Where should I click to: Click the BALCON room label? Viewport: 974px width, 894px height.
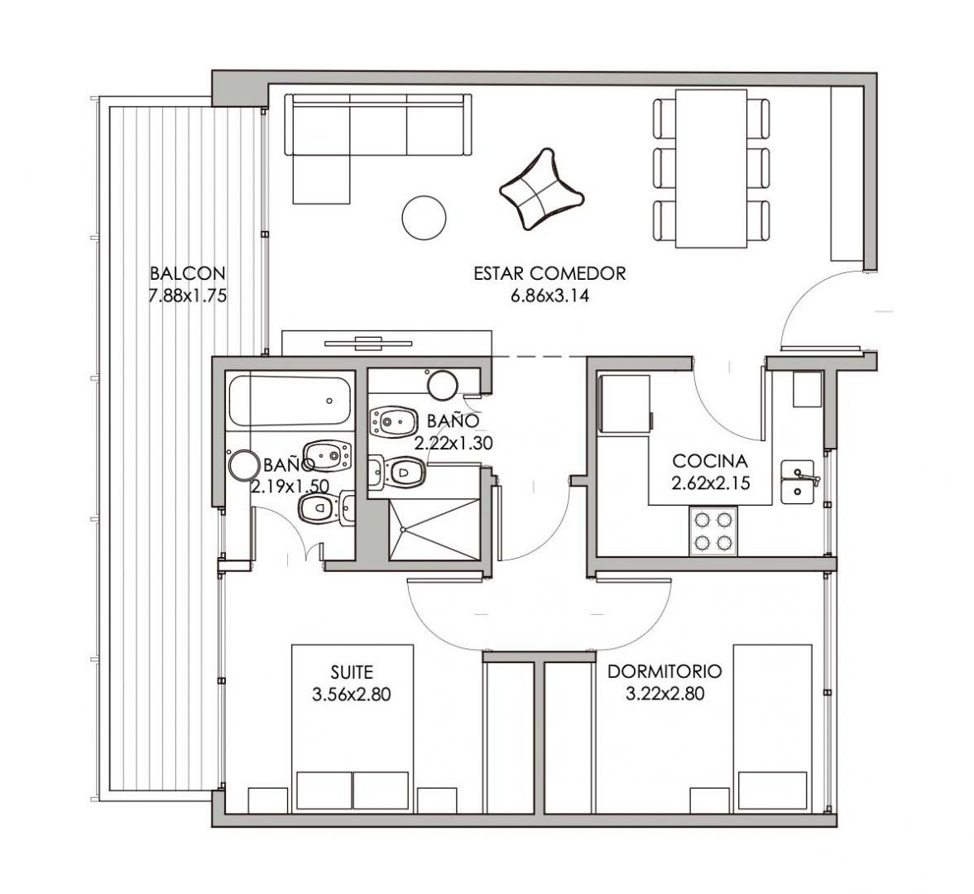pos(188,273)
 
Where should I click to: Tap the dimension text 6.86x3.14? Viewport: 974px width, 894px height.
pos(549,296)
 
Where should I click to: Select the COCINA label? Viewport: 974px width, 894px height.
pos(710,461)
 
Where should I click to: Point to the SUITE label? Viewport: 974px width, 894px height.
pos(352,671)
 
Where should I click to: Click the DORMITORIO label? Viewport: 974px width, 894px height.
pos(665,671)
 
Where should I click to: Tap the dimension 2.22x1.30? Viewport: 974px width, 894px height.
pos(453,443)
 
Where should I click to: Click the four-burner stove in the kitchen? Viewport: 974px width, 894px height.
pos(713,531)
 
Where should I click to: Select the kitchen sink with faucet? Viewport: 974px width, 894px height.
pos(798,482)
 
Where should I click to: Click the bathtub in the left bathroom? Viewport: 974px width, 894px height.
pos(290,401)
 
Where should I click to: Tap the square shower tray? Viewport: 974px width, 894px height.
pos(435,530)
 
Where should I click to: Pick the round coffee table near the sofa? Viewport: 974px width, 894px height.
pos(424,217)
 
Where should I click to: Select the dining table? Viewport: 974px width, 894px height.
pos(711,169)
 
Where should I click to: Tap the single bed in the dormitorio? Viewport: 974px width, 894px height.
pos(773,728)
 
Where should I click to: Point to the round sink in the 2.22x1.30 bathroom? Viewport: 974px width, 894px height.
pos(443,385)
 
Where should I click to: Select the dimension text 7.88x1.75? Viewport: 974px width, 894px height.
pos(187,296)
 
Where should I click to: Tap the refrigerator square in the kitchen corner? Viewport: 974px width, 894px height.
pos(807,389)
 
